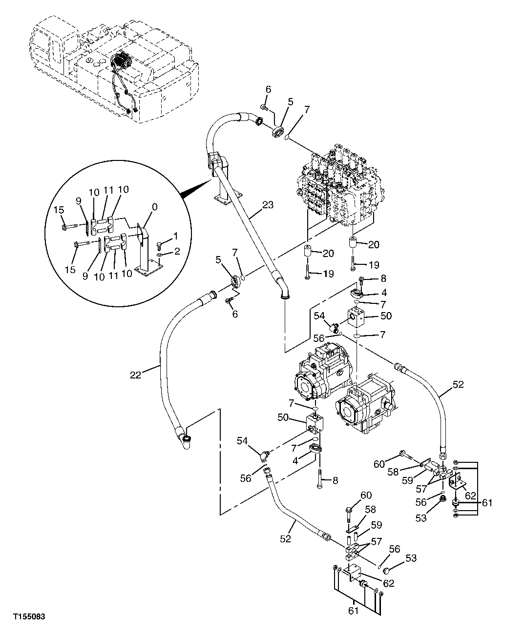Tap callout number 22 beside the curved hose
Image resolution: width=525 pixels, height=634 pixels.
(x=135, y=375)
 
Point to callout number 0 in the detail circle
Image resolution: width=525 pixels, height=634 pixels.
(x=155, y=207)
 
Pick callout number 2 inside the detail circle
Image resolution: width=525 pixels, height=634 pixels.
(x=176, y=252)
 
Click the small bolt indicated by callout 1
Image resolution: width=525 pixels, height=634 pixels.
(x=160, y=245)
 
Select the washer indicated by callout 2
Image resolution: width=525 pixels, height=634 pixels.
(x=160, y=255)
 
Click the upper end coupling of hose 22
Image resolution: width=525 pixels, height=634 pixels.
(x=211, y=296)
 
